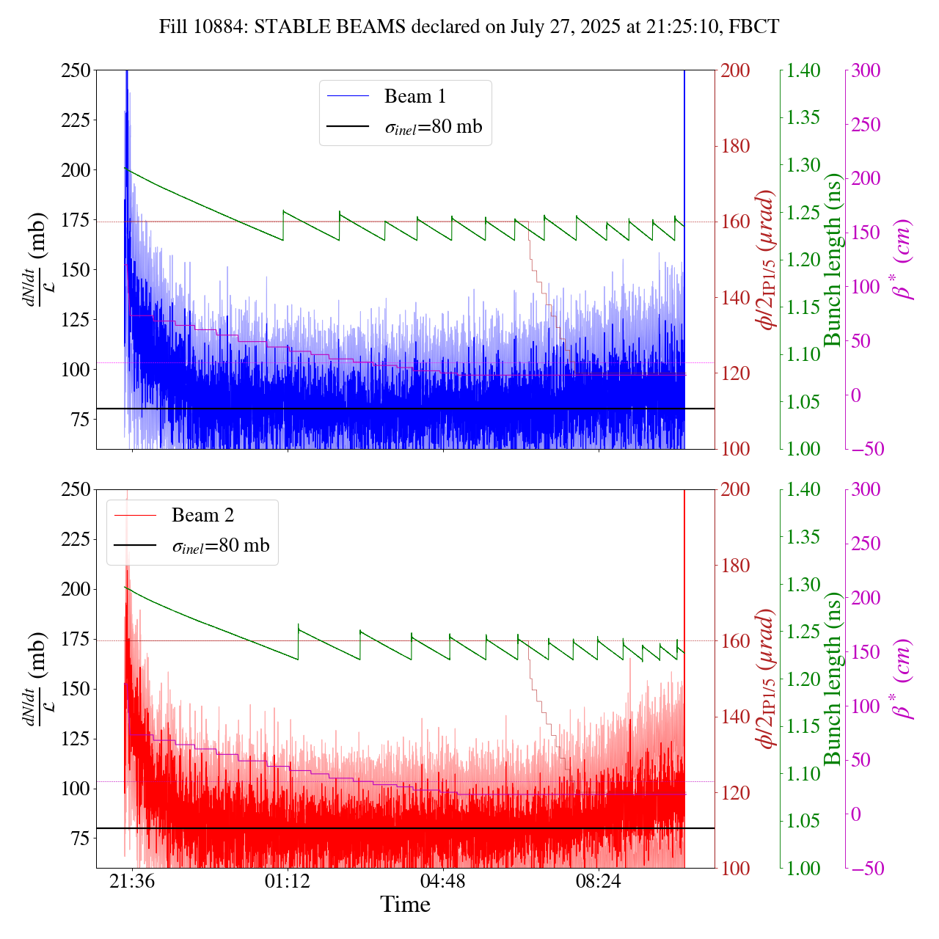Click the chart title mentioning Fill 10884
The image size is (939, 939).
(469, 27)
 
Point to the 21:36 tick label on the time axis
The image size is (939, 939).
(132, 880)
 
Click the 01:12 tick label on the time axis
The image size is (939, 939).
(288, 880)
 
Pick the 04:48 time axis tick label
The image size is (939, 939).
(443, 880)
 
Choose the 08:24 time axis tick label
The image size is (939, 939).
(599, 880)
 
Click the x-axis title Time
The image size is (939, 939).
(405, 905)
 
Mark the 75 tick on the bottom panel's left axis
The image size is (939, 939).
(79, 838)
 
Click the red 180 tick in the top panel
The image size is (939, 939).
(735, 146)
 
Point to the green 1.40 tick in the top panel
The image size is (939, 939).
(805, 70)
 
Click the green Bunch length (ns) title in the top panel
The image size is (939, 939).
(833, 260)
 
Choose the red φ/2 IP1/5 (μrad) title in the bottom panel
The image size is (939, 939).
(767, 679)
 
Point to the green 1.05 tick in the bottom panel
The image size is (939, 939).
(805, 821)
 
